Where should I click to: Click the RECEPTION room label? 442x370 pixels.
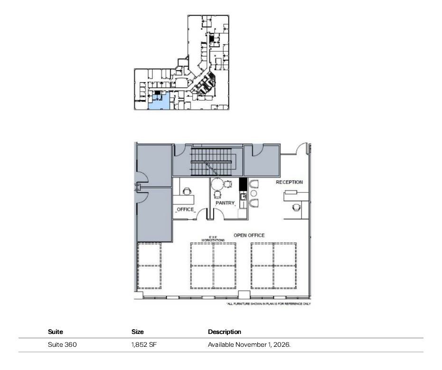pyautogui.click(x=289, y=182)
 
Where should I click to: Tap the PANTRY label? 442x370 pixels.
pyautogui.click(x=225, y=203)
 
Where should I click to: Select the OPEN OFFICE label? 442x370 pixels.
pyautogui.click(x=249, y=235)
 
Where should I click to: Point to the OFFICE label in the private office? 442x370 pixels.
pyautogui.click(x=185, y=209)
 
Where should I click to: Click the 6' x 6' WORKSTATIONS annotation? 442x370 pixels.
pyautogui.click(x=213, y=239)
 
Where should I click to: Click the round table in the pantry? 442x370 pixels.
pyautogui.click(x=217, y=184)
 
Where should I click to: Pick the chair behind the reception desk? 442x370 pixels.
pyautogui.click(x=297, y=207)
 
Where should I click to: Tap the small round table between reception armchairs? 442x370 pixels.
pyautogui.click(x=254, y=194)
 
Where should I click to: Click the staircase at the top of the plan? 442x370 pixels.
pyautogui.click(x=213, y=162)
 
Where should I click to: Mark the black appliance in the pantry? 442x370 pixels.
pyautogui.click(x=243, y=184)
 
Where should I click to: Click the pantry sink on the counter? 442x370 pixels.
pyautogui.click(x=243, y=196)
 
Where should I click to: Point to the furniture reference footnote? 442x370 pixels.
pyautogui.click(x=269, y=304)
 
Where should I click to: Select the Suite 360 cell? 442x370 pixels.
pyautogui.click(x=62, y=345)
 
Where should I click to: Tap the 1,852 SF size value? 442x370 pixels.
pyautogui.click(x=144, y=345)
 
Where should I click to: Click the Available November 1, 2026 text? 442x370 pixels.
pyautogui.click(x=249, y=345)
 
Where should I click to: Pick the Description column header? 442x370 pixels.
pyautogui.click(x=225, y=332)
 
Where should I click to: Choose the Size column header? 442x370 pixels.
pyautogui.click(x=138, y=332)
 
